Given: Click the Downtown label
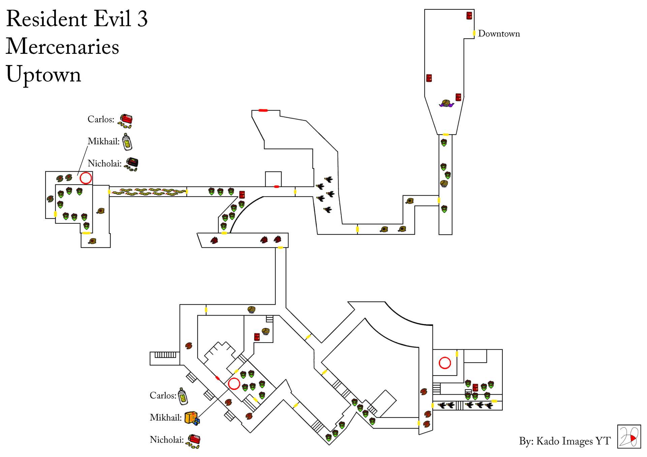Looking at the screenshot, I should (499, 34).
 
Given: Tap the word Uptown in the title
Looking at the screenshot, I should (43, 74).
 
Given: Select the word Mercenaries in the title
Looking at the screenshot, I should (62, 46).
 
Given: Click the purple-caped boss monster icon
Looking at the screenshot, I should (446, 103).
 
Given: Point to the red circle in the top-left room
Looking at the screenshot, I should (86, 178).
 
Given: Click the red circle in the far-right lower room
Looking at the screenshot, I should (445, 363).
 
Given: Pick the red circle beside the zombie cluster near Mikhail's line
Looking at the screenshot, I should (234, 384).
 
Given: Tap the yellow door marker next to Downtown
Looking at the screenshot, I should (474, 33).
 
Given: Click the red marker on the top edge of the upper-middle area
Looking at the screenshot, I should (263, 110).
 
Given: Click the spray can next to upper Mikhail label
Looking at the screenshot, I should (127, 141).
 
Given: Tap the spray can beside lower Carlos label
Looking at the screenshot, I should (183, 396).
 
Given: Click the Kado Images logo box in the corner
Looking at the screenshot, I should (629, 436).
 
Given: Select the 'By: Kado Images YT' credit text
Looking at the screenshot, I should (564, 441).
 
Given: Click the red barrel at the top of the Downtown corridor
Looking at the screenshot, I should (469, 15).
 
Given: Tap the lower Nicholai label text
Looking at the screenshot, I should (166, 439).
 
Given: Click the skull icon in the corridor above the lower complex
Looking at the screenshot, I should (251, 309).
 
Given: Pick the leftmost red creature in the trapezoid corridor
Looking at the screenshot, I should (214, 240).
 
